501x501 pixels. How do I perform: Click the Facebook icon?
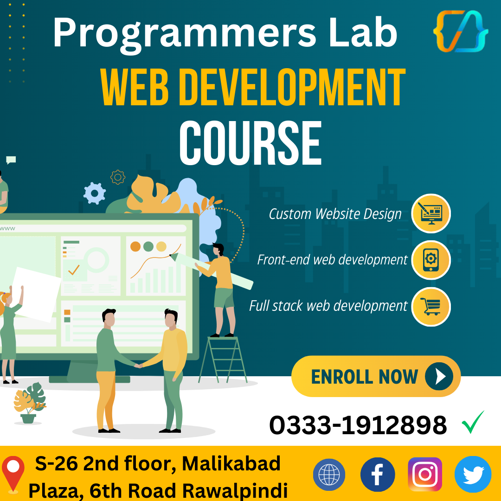click(x=378, y=475)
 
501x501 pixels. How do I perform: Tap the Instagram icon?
click(x=425, y=475)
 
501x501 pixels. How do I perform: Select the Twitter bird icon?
click(x=473, y=475)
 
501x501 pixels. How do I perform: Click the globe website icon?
click(x=329, y=475)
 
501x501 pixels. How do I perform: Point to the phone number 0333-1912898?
click(x=358, y=425)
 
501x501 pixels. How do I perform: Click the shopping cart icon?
click(x=431, y=306)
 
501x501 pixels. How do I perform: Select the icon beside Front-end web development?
click(x=431, y=260)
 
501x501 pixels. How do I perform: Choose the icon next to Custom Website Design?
click(x=431, y=213)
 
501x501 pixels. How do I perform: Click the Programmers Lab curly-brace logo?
click(x=460, y=32)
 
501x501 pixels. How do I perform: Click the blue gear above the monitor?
click(x=95, y=193)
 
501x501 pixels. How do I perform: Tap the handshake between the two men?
click(x=138, y=366)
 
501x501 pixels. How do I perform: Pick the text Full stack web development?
click(x=328, y=306)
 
